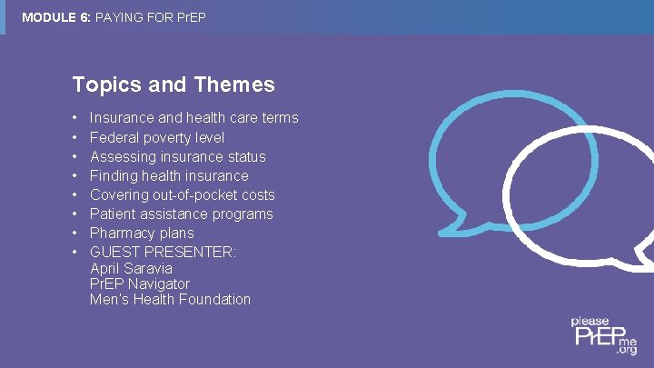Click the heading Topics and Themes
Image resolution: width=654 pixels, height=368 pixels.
[173, 85]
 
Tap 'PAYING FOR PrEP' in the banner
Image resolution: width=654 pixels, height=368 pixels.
[151, 16]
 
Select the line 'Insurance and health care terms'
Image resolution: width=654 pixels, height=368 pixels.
[193, 118]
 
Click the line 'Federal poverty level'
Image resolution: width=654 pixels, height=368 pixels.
[157, 137]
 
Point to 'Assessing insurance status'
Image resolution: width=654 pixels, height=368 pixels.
[177, 156]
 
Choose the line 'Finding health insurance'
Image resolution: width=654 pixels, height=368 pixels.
[169, 175]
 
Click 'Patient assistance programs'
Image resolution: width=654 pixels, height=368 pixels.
[181, 214]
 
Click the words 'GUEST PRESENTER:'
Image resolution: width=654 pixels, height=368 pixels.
[163, 252]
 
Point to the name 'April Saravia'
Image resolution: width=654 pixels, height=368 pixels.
[131, 268]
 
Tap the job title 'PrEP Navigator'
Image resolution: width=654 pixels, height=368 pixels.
[140, 283]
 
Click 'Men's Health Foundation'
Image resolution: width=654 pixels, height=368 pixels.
[170, 299]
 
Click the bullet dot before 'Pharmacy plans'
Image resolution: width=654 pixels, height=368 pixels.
[74, 234]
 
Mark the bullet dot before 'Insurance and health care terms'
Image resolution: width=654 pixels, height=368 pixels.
[74, 119]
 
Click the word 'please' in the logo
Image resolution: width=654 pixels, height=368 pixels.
[590, 322]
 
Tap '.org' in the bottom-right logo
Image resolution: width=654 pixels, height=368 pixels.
[627, 349]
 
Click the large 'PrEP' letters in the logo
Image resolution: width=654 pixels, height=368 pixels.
[594, 338]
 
